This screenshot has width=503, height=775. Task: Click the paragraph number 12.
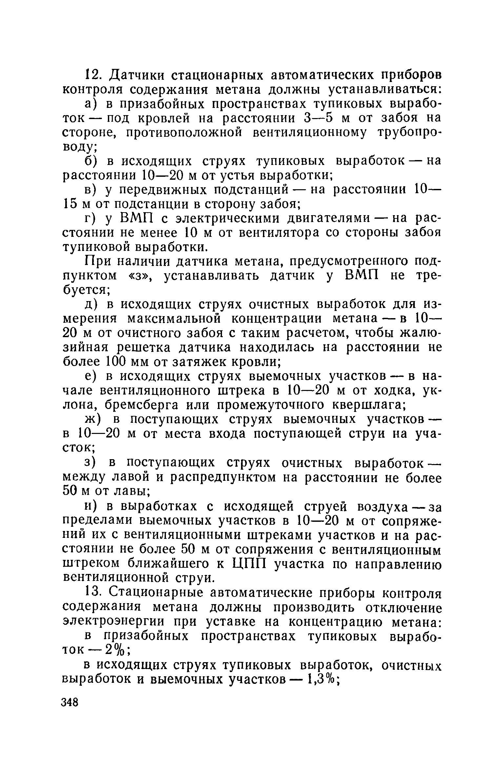pyautogui.click(x=92, y=75)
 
